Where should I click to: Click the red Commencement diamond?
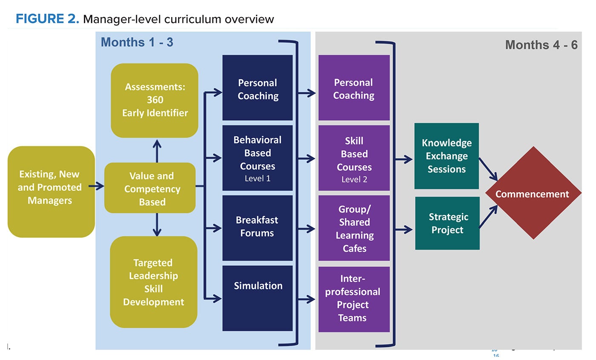(533, 193)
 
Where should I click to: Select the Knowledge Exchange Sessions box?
(446, 156)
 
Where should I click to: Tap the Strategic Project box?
(447, 223)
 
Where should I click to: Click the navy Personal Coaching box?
(258, 88)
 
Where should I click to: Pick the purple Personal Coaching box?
(354, 88)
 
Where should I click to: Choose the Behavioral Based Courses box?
(258, 158)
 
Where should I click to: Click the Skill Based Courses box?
(354, 158)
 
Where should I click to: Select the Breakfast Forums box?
(258, 228)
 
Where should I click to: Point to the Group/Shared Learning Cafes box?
(354, 228)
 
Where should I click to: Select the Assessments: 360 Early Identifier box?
(155, 100)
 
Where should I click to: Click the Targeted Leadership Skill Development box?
(154, 282)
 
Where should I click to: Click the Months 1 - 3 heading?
(137, 42)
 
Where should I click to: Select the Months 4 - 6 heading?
(541, 45)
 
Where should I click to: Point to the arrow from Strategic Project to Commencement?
(488, 217)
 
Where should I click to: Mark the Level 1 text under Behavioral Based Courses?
(258, 179)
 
